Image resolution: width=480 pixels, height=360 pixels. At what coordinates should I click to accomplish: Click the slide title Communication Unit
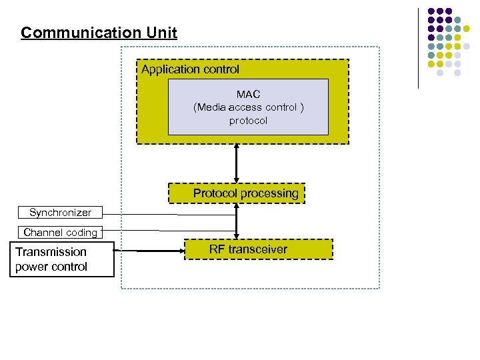[x=99, y=33]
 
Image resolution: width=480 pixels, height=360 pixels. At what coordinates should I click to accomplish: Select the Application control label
[x=190, y=69]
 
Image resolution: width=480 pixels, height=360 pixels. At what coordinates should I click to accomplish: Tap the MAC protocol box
[x=248, y=107]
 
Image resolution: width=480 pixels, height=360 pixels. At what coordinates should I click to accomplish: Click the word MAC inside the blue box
[x=248, y=94]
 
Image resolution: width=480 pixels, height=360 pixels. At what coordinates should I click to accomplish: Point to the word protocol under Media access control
[x=248, y=121]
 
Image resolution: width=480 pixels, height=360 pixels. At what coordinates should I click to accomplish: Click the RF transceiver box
[x=257, y=249]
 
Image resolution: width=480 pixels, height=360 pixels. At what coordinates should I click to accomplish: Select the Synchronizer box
[x=60, y=213]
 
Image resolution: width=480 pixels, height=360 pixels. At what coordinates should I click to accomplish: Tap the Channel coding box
[x=60, y=233]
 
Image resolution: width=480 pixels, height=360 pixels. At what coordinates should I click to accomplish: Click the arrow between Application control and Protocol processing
[x=237, y=163]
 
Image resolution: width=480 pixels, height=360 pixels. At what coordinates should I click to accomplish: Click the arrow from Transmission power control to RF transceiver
[x=150, y=251]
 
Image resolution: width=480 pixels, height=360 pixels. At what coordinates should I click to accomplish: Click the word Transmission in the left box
[x=51, y=252]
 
